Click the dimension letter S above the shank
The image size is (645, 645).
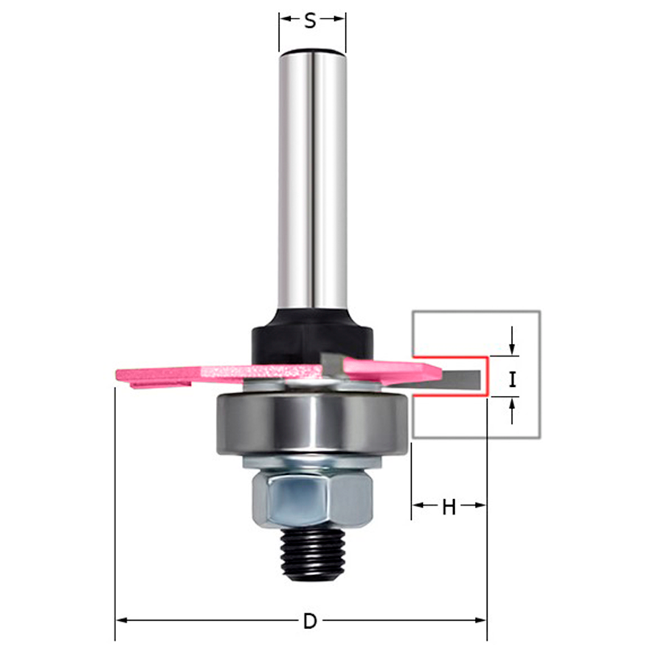click(x=310, y=21)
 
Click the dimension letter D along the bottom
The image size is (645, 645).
click(x=310, y=621)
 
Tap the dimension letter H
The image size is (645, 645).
click(x=449, y=507)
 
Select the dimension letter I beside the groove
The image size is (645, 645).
click(x=512, y=379)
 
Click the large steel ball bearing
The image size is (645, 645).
click(x=313, y=424)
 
